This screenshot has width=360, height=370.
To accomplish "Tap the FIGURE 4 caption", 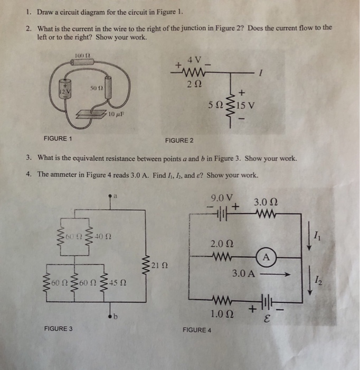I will coord(196,330).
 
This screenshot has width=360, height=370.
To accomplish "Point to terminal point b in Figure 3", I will coord(111,317).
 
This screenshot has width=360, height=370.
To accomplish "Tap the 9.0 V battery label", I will coord(218,198).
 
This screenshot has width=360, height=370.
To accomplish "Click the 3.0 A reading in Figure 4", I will coord(245,274).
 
